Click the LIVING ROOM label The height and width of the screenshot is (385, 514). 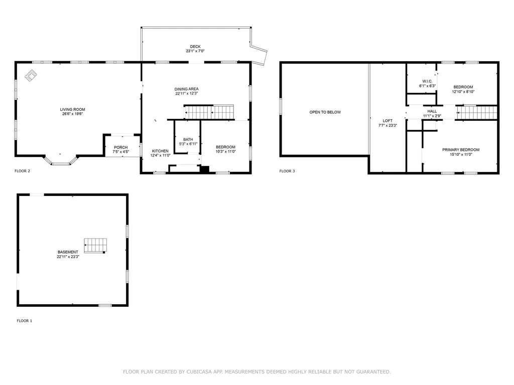[73, 109]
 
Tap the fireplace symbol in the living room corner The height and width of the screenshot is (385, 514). [31, 75]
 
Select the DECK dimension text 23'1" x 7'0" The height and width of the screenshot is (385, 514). [195, 51]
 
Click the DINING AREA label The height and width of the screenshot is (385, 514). [187, 89]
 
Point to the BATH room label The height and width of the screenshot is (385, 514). [188, 139]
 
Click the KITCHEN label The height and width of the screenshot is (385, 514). [161, 151]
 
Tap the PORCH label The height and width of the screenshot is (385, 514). [120, 147]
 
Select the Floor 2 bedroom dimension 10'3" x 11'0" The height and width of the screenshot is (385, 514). [225, 151]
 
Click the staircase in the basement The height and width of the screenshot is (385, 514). [95, 245]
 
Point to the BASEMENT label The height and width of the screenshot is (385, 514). [68, 252]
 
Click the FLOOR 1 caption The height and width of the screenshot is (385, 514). [24, 321]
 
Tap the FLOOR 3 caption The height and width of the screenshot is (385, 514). [287, 171]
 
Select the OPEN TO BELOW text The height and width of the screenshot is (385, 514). [325, 112]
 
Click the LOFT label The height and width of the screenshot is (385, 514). [388, 121]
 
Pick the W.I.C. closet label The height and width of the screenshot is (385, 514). [428, 81]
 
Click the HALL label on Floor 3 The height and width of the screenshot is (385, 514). [432, 111]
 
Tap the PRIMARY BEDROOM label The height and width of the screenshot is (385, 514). [460, 149]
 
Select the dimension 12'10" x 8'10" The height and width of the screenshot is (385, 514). [463, 92]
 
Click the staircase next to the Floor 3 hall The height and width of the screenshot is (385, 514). [477, 113]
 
